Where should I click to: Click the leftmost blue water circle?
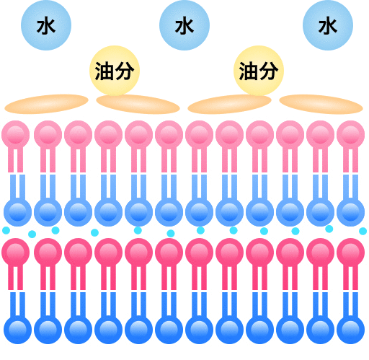46,25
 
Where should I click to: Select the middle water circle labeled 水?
184,25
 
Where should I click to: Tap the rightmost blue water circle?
328,25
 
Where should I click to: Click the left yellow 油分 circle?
115,71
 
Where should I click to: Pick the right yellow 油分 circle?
259,71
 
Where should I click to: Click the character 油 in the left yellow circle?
105,71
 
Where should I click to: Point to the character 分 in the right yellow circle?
269,71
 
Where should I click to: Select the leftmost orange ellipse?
46,104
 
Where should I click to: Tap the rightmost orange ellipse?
321,104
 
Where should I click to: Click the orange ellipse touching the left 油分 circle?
138,104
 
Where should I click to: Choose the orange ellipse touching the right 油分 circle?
229,104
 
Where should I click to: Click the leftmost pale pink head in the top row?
16,134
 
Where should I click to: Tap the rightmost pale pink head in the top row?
351,134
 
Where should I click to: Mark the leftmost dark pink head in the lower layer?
16,253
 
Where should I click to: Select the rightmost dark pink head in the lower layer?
351,253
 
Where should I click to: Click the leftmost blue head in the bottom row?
18,330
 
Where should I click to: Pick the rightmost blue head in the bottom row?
351,330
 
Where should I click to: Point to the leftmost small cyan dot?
6,231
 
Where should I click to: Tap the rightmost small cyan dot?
363,232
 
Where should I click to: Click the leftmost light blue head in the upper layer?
18,212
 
